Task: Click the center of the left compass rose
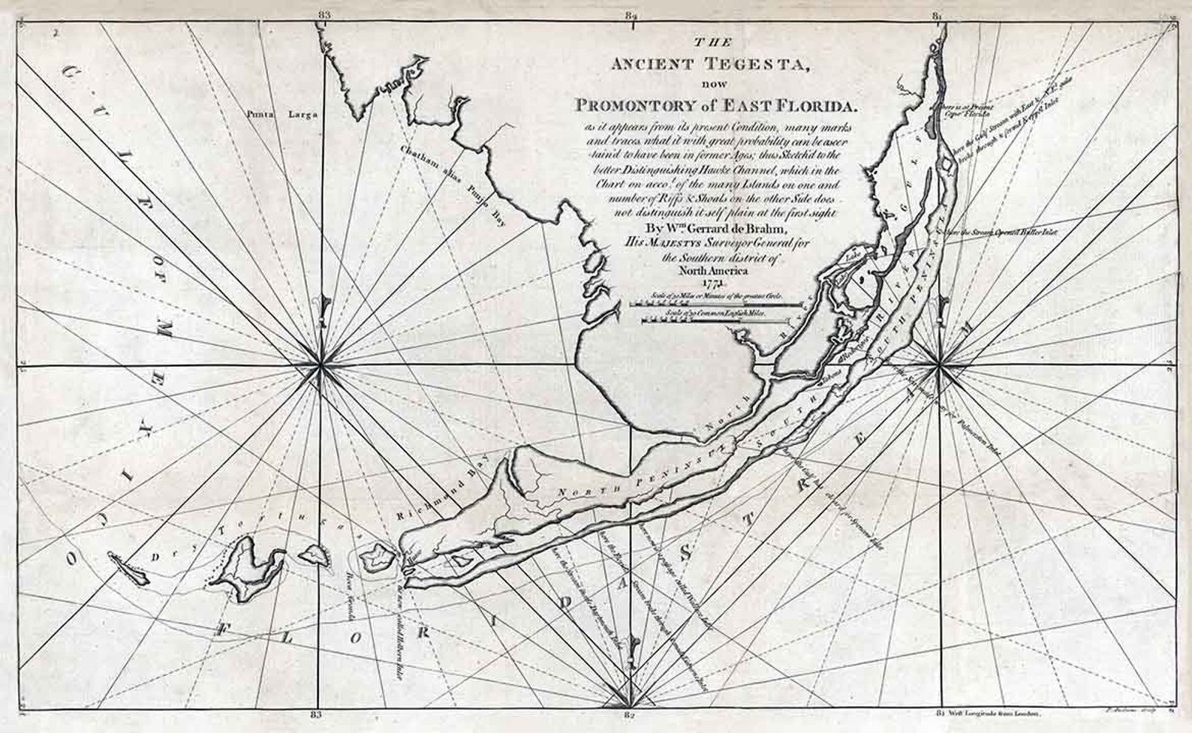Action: click(x=322, y=365)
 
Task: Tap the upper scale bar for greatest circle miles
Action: click(x=706, y=305)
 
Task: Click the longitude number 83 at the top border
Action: click(x=324, y=14)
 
